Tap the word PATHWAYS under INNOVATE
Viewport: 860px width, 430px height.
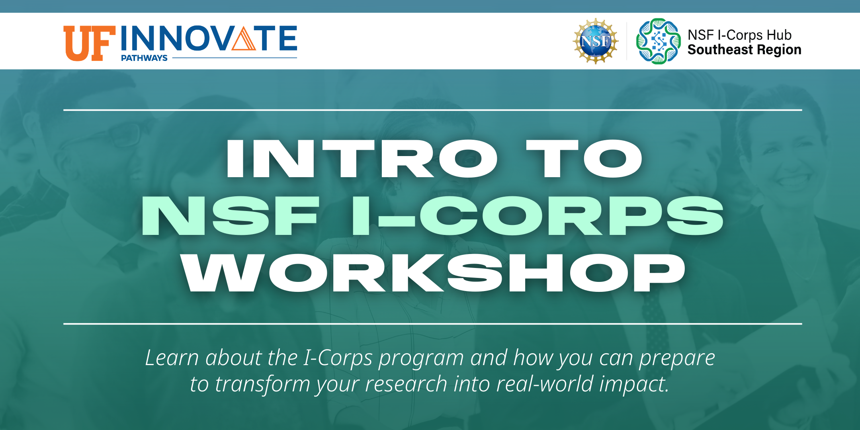[x=144, y=58]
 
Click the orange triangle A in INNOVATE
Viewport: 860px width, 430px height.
[x=244, y=38]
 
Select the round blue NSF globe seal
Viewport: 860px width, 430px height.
[x=595, y=41]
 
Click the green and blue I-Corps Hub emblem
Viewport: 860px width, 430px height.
[x=658, y=41]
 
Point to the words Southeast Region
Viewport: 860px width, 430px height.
[x=744, y=50]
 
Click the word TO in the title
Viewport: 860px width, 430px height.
[x=584, y=158]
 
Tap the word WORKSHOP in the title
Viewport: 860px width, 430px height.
[x=433, y=273]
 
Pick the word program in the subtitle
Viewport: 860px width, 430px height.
[x=421, y=358]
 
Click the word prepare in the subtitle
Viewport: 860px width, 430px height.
[x=677, y=358]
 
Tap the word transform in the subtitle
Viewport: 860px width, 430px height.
[x=262, y=384]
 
